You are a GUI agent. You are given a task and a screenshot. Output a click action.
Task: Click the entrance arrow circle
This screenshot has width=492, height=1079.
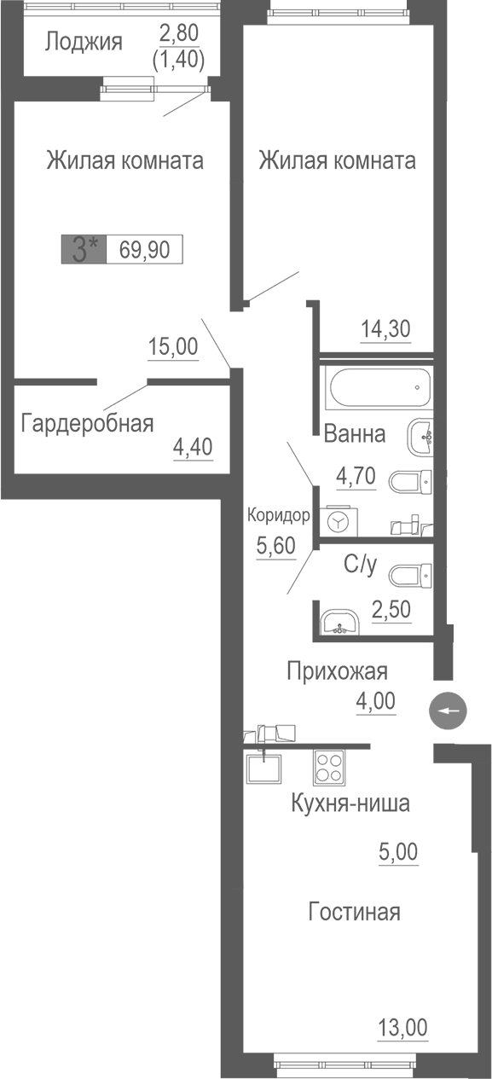(449, 711)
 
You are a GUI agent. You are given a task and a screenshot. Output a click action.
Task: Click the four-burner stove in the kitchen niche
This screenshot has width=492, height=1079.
(330, 766)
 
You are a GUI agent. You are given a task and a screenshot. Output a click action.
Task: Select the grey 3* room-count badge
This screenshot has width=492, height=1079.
(84, 250)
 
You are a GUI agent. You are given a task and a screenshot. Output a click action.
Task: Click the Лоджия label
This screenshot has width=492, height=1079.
(84, 41)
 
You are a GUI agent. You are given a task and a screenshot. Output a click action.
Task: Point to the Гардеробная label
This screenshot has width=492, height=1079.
(88, 422)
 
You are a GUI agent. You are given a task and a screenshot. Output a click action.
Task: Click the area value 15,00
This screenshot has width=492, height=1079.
(172, 346)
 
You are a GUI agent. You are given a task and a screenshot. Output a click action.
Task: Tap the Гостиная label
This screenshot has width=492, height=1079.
(354, 912)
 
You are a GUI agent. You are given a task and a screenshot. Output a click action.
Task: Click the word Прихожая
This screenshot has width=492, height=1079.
(336, 670)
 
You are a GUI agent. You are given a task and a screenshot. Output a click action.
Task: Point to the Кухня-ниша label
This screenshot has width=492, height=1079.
(350, 803)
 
